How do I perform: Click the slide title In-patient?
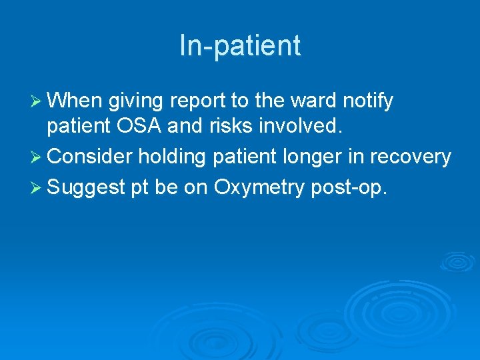coord(240,46)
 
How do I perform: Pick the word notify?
coord(368,102)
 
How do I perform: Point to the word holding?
coord(168,158)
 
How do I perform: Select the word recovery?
coord(412,158)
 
